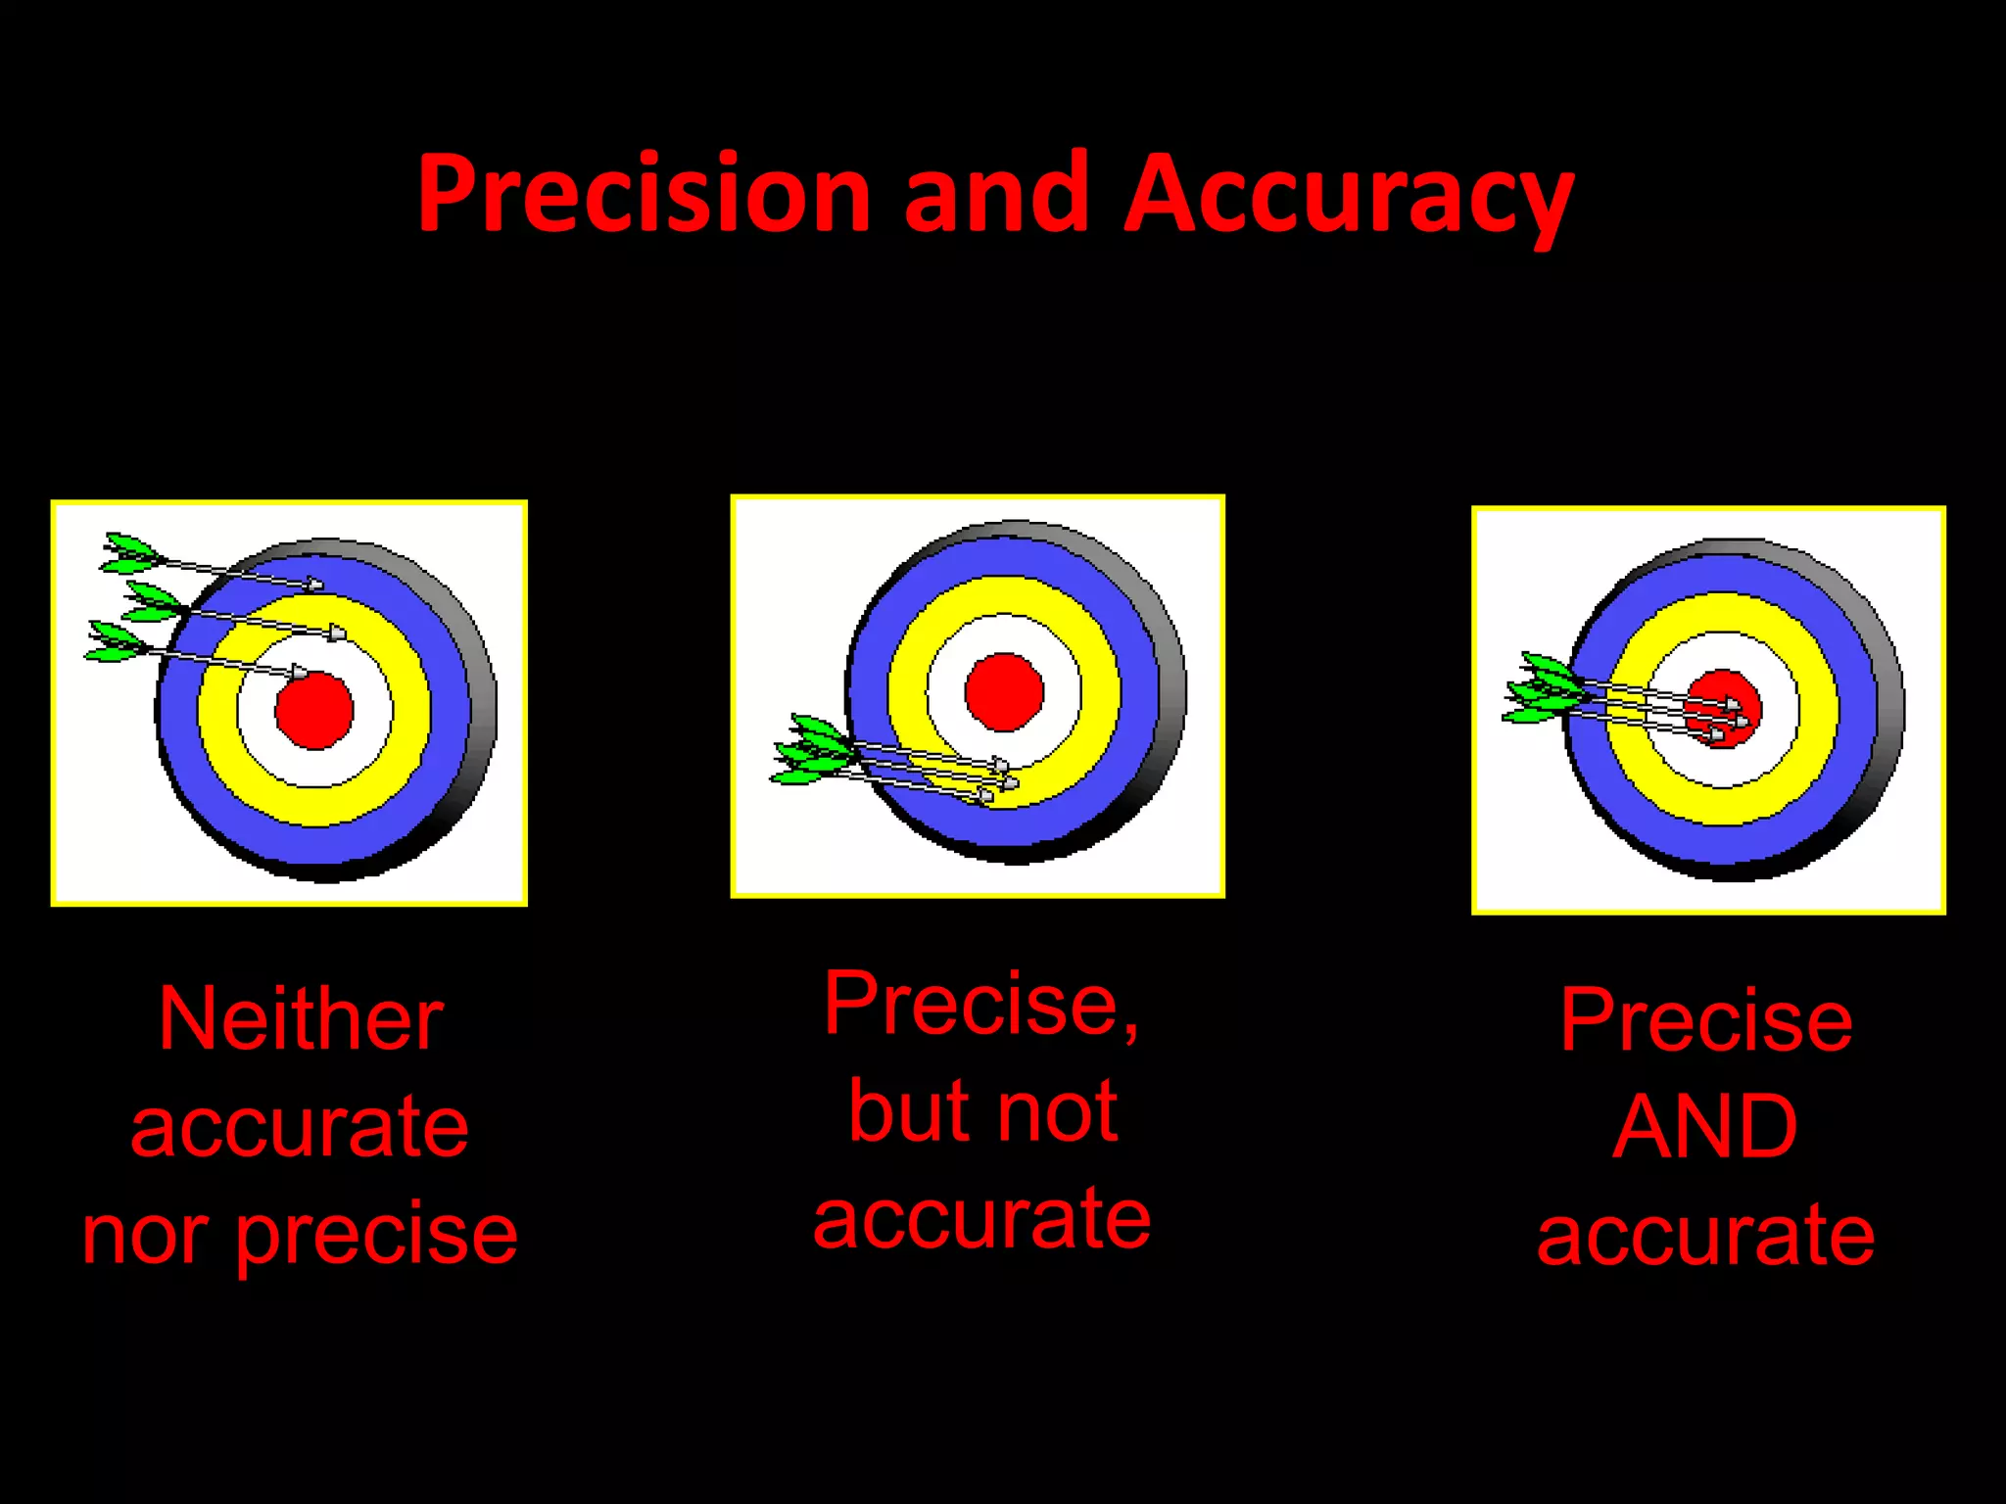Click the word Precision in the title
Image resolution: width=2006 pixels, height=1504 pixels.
click(x=644, y=194)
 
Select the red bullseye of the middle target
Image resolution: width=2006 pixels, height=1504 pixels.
click(x=1004, y=691)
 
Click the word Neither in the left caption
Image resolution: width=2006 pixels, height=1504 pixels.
click(x=301, y=1020)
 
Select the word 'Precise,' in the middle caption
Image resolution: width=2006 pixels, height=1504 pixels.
click(x=980, y=1006)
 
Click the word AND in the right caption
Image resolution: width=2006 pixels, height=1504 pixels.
click(x=1705, y=1127)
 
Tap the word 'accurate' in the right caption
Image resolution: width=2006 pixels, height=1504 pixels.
click(x=1705, y=1236)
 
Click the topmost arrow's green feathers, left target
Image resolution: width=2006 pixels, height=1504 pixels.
click(x=129, y=554)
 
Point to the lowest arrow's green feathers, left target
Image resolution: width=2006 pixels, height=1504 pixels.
click(x=116, y=642)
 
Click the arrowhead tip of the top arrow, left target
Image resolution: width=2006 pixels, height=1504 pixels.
click(x=316, y=585)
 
